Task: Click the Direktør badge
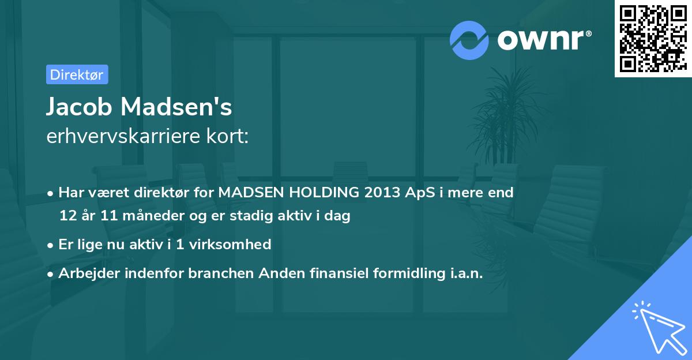click(x=77, y=74)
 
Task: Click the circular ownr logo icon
click(x=469, y=40)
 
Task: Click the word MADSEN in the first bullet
click(x=247, y=193)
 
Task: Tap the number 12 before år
click(x=67, y=216)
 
